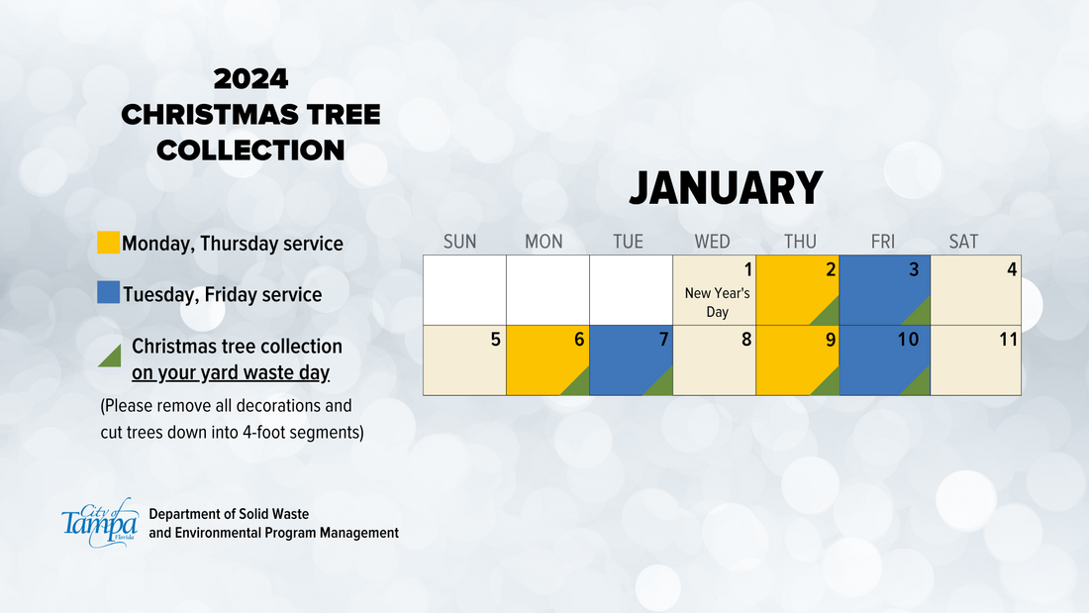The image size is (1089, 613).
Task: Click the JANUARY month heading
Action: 726,187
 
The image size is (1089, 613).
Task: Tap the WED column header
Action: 713,242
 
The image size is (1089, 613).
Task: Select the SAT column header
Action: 963,242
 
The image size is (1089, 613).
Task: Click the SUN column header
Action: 459,242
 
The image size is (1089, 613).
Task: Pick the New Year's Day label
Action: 718,302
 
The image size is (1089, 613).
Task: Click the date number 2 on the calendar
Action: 831,269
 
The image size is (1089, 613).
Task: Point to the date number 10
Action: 909,339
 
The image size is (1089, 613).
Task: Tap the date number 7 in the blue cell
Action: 664,339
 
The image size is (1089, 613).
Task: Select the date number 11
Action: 1009,339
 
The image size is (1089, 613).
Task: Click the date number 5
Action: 495,339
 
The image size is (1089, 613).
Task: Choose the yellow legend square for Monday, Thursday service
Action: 108,243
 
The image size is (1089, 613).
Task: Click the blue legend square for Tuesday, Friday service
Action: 108,292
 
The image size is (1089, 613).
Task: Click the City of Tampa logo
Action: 100,523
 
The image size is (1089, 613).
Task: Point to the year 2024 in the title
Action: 250,79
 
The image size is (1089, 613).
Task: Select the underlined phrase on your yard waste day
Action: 231,373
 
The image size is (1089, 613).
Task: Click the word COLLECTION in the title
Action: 250,151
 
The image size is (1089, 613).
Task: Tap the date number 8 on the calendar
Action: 746,339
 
